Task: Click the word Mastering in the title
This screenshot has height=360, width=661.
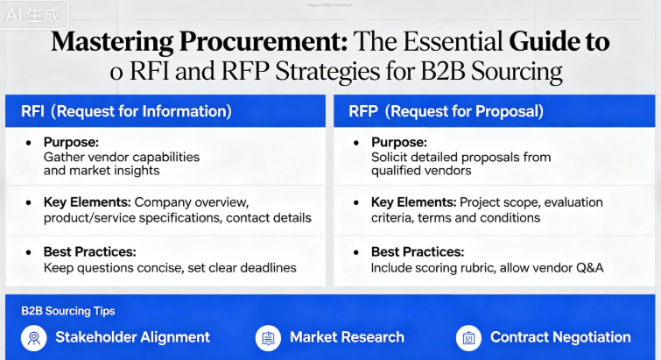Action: pos(109,41)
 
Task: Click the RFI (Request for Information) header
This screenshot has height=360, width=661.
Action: pos(126,111)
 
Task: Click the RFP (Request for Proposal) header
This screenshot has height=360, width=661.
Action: pos(446,111)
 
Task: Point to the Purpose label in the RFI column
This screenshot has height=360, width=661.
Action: pos(72,142)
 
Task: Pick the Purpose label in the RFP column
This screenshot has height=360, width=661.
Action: pos(399,142)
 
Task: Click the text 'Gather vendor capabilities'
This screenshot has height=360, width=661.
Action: pos(122,157)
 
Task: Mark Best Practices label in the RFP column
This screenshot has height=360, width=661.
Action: pos(418,252)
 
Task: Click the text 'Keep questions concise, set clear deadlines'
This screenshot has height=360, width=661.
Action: pos(170,267)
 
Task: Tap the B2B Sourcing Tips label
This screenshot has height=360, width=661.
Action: pos(67,311)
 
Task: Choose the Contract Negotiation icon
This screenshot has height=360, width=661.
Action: pos(468,337)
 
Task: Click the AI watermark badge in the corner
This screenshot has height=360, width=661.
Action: pos(33,15)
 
